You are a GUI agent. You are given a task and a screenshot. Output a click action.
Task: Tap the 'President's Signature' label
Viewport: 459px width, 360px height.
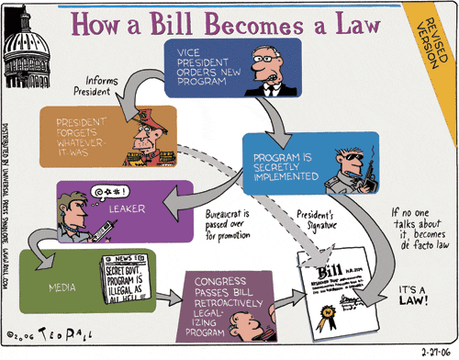click(311, 219)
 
